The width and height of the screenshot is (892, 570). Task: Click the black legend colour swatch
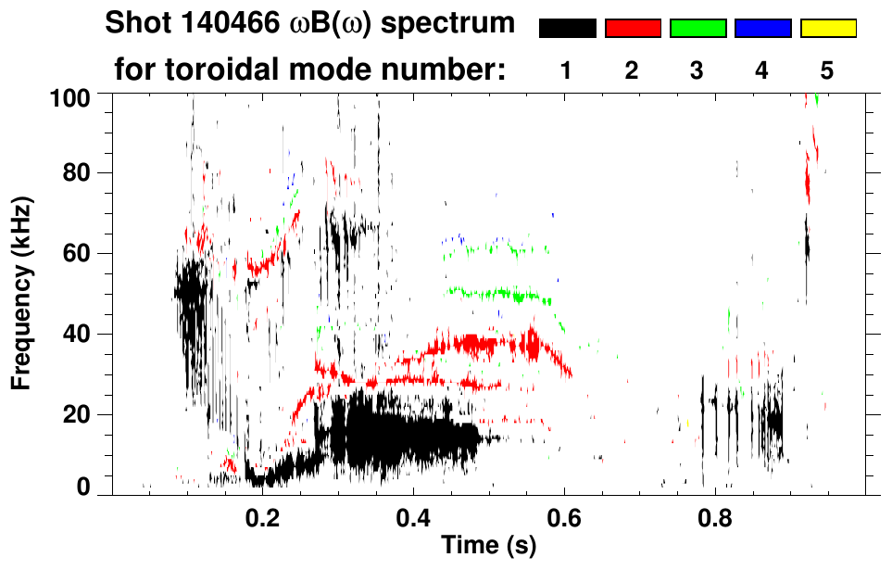[x=567, y=29]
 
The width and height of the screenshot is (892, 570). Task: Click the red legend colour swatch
[x=633, y=29]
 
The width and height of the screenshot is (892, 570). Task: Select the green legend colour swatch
[x=697, y=29]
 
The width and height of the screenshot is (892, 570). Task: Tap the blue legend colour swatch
[x=762, y=29]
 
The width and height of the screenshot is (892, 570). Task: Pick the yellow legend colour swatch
[x=828, y=29]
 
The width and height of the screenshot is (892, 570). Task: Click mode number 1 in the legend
[x=566, y=70]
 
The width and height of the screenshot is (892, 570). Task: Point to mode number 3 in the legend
[x=697, y=70]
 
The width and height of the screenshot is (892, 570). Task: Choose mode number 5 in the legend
[x=827, y=70]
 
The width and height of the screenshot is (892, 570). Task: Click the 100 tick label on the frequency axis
[x=70, y=95]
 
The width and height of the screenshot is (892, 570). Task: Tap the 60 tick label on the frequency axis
[x=76, y=253]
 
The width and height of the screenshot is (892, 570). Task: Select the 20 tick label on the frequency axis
[x=76, y=414]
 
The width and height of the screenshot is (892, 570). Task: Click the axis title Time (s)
[x=487, y=546]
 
